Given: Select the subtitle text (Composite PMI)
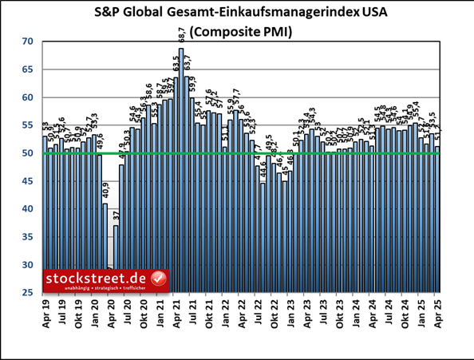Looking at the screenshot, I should (x=237, y=33).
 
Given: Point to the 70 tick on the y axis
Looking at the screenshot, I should (x=27, y=42).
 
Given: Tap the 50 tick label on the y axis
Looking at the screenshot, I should (x=27, y=153).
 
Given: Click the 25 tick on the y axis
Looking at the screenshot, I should (x=27, y=293).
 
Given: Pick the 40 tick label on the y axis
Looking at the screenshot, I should (x=27, y=209).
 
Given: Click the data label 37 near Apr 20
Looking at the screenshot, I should (x=116, y=216).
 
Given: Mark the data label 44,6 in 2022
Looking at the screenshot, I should (x=263, y=172).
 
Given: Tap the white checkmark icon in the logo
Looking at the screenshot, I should (x=158, y=279).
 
